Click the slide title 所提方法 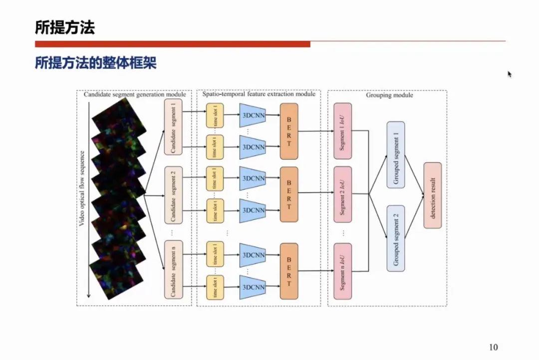pyautogui.click(x=65, y=27)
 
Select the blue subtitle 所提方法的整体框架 pyautogui.click(x=95, y=63)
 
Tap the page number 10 pyautogui.click(x=494, y=347)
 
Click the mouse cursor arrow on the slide pyautogui.click(x=510, y=74)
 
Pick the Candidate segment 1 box pyautogui.click(x=173, y=127)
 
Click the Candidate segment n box pyautogui.click(x=173, y=269)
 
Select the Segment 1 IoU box pyautogui.click(x=342, y=131)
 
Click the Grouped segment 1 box pyautogui.click(x=396, y=155)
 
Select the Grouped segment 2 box pyautogui.click(x=396, y=238)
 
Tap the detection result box pyautogui.click(x=433, y=195)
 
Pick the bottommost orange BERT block pyautogui.click(x=289, y=271)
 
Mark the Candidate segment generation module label pyautogui.click(x=135, y=94)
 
